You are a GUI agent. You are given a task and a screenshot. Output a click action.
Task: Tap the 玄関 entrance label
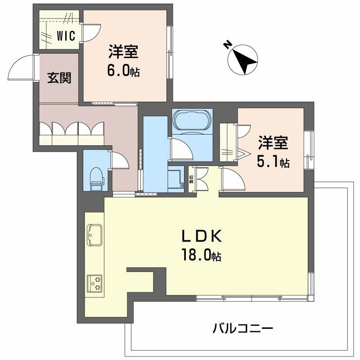[x=59, y=78]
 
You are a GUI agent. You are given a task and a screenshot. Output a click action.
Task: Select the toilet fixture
[x=96, y=179]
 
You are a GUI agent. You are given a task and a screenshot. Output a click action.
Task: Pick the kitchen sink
[x=94, y=234]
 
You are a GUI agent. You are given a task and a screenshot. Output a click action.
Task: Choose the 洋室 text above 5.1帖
[x=273, y=144]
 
